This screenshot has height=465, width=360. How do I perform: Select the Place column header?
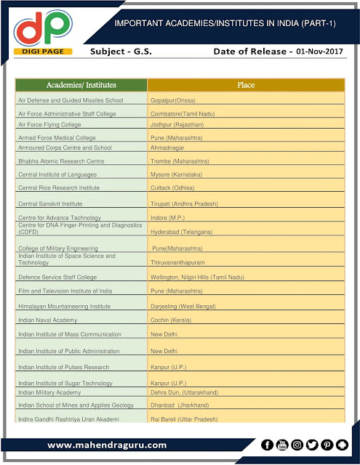tap(246, 85)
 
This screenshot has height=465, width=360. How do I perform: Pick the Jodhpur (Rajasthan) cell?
tap(177, 124)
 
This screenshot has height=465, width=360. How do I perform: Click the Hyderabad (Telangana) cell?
tap(182, 230)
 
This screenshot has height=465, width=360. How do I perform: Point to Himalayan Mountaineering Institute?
tap(65, 307)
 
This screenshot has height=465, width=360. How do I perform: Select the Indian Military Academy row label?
tap(55, 392)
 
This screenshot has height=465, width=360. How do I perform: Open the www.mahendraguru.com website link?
tap(107, 445)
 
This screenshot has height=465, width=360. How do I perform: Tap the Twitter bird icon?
tap(312, 445)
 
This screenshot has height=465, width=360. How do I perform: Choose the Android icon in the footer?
tap(343, 445)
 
